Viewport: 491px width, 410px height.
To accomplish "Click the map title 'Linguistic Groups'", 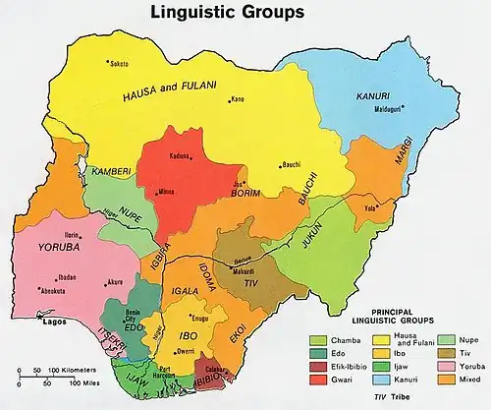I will point(226,13).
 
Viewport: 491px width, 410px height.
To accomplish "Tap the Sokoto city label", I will point(120,62).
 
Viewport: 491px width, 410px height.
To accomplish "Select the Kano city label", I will point(238,98).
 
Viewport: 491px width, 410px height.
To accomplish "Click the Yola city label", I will point(372,208).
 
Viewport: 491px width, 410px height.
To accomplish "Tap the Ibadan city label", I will point(66,277).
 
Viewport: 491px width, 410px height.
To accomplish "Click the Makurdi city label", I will point(243,271).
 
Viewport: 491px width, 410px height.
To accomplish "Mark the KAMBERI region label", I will point(111,172).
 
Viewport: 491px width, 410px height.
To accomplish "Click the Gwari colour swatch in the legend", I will point(317,378).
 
